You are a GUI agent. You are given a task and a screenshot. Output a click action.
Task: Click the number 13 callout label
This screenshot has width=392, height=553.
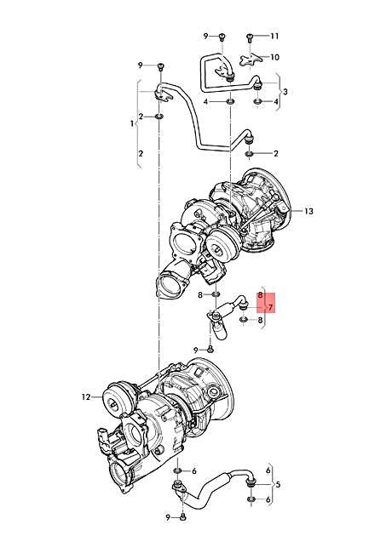pyautogui.click(x=285, y=210)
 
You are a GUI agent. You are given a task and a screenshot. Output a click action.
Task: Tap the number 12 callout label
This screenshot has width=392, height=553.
pyautogui.click(x=86, y=396)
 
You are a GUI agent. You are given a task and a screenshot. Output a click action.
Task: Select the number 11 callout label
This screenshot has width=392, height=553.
pyautogui.click(x=274, y=37)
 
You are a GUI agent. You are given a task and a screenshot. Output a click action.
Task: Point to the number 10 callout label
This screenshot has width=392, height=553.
pyautogui.click(x=274, y=57)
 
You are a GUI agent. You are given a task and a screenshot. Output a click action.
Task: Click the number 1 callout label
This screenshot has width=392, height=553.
pyautogui.click(x=132, y=123)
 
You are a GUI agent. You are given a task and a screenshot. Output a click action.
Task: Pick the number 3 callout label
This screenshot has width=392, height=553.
pyautogui.click(x=285, y=91)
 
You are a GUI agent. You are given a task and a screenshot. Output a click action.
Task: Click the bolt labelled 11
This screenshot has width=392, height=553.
pyautogui.click(x=251, y=37)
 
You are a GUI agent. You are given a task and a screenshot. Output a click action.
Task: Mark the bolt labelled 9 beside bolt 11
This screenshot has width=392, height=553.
pyautogui.click(x=219, y=37)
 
